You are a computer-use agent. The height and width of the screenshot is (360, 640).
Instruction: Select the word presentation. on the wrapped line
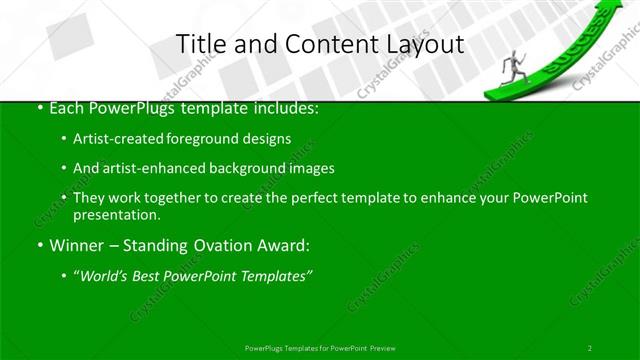[x=117, y=215]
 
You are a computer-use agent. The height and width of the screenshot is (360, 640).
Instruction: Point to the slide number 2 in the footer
[x=589, y=347]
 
